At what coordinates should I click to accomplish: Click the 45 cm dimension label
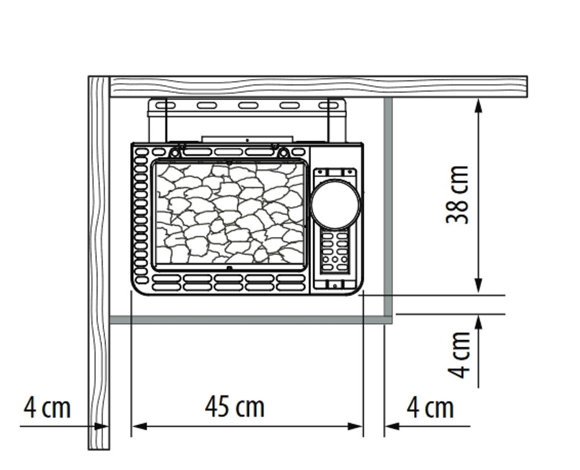click(235, 407)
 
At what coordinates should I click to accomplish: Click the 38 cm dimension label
click(458, 195)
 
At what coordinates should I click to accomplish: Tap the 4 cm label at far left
click(47, 407)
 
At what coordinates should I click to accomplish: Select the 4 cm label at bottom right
click(430, 408)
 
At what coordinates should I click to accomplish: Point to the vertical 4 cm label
click(459, 354)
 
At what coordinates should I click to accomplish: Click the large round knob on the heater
click(335, 204)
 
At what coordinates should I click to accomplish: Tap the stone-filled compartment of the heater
click(229, 214)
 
